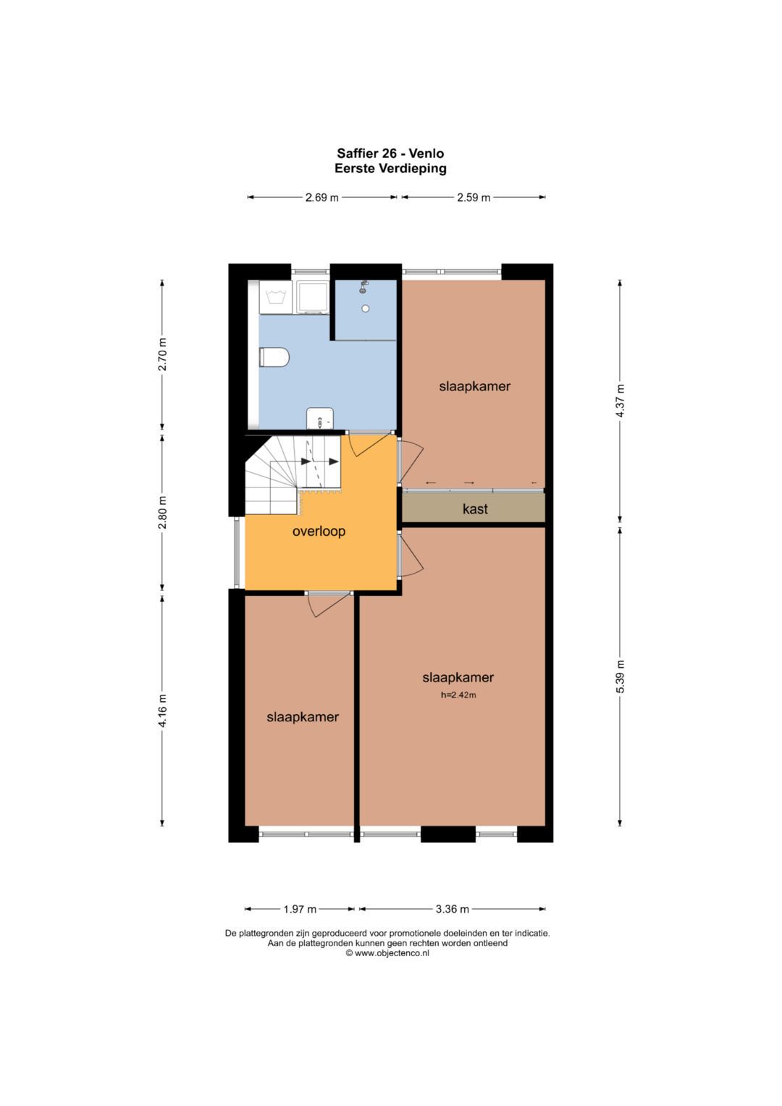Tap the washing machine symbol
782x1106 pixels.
pos(276,297)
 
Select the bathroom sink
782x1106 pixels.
pos(320,418)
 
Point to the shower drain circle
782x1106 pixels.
pos(366,309)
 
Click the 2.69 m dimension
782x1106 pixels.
pos(322,198)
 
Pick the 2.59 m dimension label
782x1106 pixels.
pos(474,198)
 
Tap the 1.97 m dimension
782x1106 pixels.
pos(300,909)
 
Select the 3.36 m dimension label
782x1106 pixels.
pos(453,909)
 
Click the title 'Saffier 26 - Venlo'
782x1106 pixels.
pos(390,153)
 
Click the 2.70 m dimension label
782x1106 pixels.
pos(162,354)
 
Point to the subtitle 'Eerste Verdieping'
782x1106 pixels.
pos(390,168)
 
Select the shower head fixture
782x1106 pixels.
pos(363,287)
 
